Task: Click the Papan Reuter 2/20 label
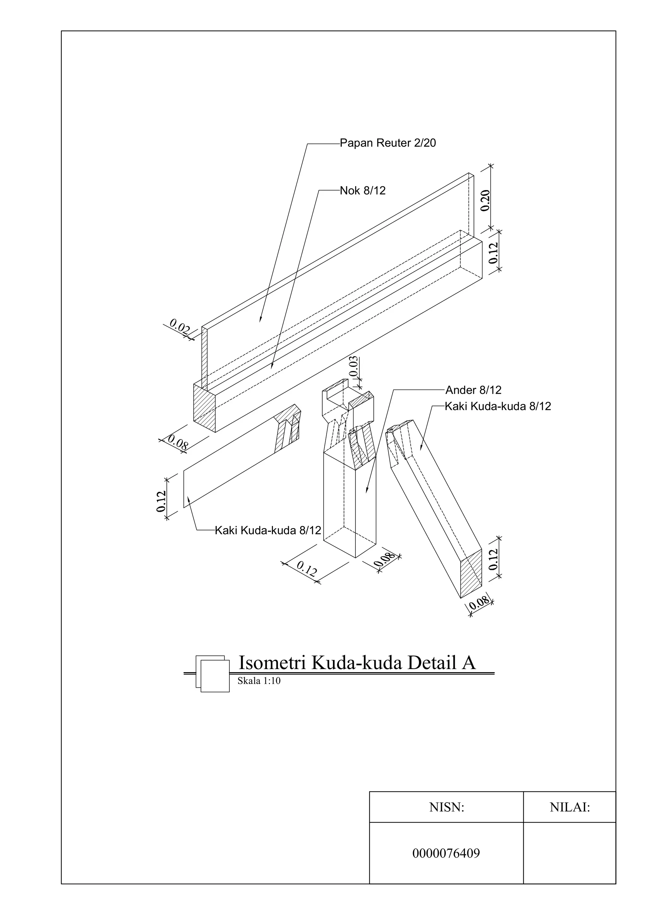(388, 143)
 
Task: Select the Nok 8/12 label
(362, 191)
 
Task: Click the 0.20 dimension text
(485, 200)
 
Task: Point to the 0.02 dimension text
(179, 328)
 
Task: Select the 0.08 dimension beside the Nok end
(178, 443)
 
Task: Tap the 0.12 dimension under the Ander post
(306, 569)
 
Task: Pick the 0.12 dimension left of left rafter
(161, 501)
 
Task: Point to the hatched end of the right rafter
(471, 573)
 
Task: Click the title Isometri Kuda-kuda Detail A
(357, 663)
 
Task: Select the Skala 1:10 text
(259, 681)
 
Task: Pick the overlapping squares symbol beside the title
(213, 673)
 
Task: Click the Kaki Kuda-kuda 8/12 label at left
(268, 530)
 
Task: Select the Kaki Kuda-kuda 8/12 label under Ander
(498, 406)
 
